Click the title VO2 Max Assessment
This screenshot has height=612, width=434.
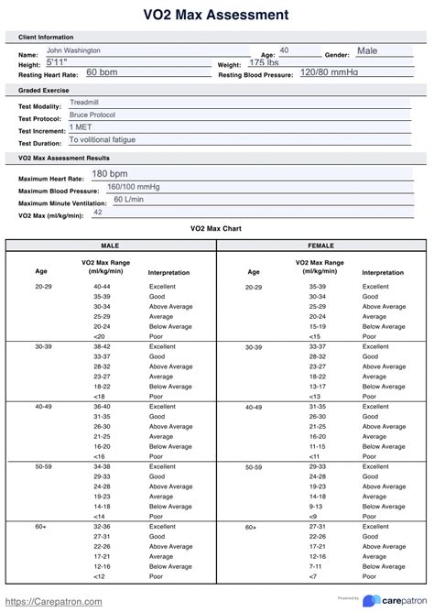point(216,15)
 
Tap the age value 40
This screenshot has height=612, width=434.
point(284,50)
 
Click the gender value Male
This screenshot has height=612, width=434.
point(366,50)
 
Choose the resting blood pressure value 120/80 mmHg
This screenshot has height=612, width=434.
point(331,72)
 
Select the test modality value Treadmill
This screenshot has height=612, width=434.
point(84,104)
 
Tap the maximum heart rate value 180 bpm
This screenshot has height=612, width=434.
point(109,174)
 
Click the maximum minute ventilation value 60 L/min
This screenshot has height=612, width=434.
point(129,199)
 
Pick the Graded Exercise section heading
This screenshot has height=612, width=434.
point(44,90)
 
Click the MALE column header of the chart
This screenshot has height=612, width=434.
point(109,246)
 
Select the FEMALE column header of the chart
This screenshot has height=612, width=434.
point(320,246)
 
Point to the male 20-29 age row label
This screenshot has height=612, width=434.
point(43,287)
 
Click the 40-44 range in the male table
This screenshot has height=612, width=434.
point(102,287)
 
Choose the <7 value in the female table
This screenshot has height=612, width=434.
point(314,576)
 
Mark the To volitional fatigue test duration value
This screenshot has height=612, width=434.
point(103,140)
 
